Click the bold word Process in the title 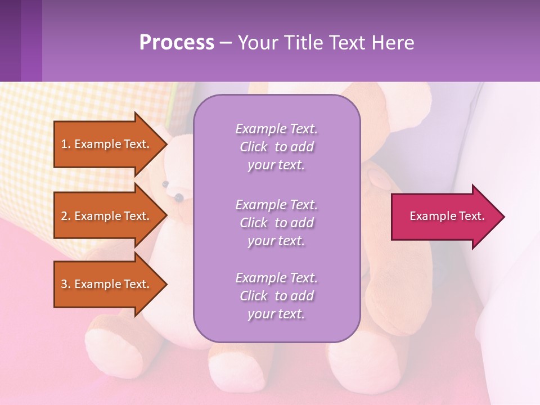177,43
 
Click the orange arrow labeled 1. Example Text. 107,144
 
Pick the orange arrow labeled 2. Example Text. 107,216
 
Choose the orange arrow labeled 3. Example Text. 107,284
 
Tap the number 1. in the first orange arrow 66,144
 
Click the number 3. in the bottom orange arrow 66,284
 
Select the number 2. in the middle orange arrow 66,216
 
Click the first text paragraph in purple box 276,147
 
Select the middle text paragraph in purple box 276,223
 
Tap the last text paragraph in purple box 276,296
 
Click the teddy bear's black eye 179,197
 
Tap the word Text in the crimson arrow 472,216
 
